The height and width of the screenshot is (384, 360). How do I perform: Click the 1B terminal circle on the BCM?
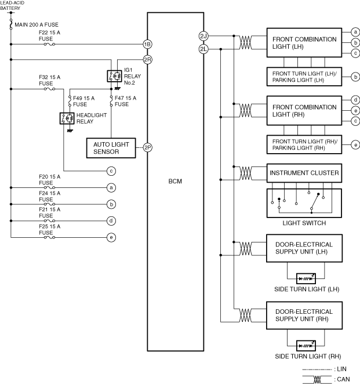[x=148, y=44]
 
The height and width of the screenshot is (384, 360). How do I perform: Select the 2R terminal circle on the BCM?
[x=148, y=60]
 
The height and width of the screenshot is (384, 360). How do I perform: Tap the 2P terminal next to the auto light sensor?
[x=148, y=147]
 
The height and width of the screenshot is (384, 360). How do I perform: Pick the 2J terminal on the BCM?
[x=203, y=36]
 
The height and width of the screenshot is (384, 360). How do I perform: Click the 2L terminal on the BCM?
[x=203, y=49]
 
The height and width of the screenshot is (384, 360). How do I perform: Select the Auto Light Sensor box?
[x=111, y=148]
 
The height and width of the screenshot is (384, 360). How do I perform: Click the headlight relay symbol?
[x=67, y=118]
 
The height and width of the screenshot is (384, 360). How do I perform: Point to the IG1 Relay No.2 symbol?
[x=114, y=76]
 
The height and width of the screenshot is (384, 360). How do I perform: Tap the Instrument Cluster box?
[x=304, y=173]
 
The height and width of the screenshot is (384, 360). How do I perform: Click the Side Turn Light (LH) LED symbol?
[x=306, y=278]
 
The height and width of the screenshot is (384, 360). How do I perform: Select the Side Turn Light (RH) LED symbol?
[x=306, y=346]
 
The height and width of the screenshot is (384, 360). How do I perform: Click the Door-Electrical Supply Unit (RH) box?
[x=304, y=316]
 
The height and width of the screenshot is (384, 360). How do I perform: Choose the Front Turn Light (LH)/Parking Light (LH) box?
[x=304, y=77]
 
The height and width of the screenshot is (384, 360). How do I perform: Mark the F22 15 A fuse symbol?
[x=49, y=44]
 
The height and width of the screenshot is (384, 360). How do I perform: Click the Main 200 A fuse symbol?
[x=11, y=24]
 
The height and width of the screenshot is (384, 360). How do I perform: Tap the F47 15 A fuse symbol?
[x=111, y=101]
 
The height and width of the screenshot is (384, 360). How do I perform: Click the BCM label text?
[x=175, y=182]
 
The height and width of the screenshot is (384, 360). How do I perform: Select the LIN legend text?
[x=341, y=369]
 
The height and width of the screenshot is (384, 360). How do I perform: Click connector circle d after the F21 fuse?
[x=111, y=221]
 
